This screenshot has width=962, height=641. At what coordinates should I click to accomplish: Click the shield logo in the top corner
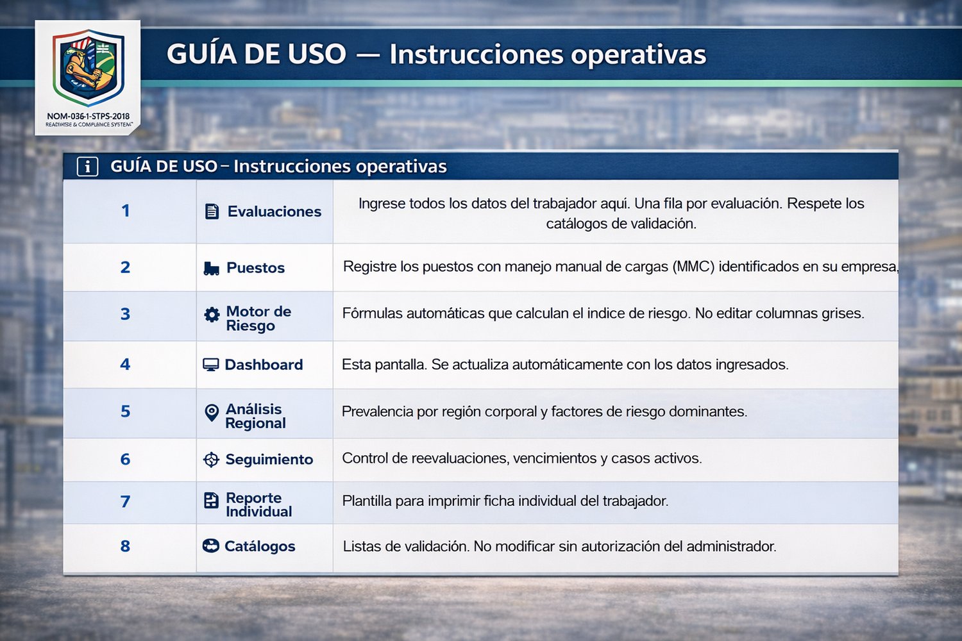point(89,67)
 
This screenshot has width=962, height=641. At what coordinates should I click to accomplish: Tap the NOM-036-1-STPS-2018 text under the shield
point(88,117)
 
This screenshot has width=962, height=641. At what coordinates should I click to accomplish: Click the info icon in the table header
point(88,166)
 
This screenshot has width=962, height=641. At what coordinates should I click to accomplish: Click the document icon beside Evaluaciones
point(212,212)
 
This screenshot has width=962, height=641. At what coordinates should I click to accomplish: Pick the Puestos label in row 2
point(255,268)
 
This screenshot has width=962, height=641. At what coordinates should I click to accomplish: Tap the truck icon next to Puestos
point(211,269)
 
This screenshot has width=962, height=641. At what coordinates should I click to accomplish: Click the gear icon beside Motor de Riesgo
point(212,315)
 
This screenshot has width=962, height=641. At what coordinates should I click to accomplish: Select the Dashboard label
point(264,365)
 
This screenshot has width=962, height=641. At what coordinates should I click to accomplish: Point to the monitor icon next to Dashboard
point(210,365)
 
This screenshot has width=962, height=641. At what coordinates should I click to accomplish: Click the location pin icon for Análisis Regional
point(211,413)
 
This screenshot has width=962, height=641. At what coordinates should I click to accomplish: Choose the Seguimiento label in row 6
point(269,460)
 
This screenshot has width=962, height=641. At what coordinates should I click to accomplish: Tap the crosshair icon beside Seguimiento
point(211,460)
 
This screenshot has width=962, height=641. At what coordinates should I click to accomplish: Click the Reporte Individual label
point(259,504)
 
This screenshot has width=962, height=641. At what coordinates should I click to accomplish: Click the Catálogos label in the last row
point(260,546)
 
